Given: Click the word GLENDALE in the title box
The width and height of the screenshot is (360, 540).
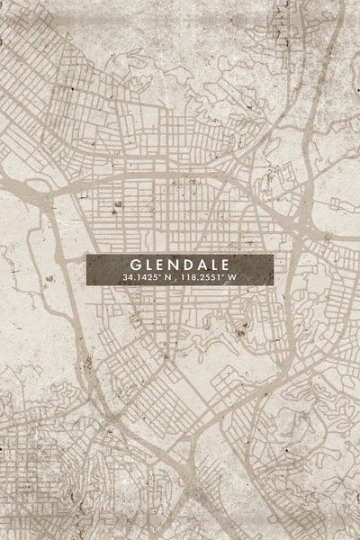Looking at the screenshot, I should click(180, 265).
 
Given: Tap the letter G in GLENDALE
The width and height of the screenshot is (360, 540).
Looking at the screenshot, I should click(135, 265).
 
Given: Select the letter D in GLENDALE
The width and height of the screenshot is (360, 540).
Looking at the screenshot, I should click(186, 265).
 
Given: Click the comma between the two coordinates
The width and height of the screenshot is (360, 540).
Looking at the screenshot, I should click(174, 280).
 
